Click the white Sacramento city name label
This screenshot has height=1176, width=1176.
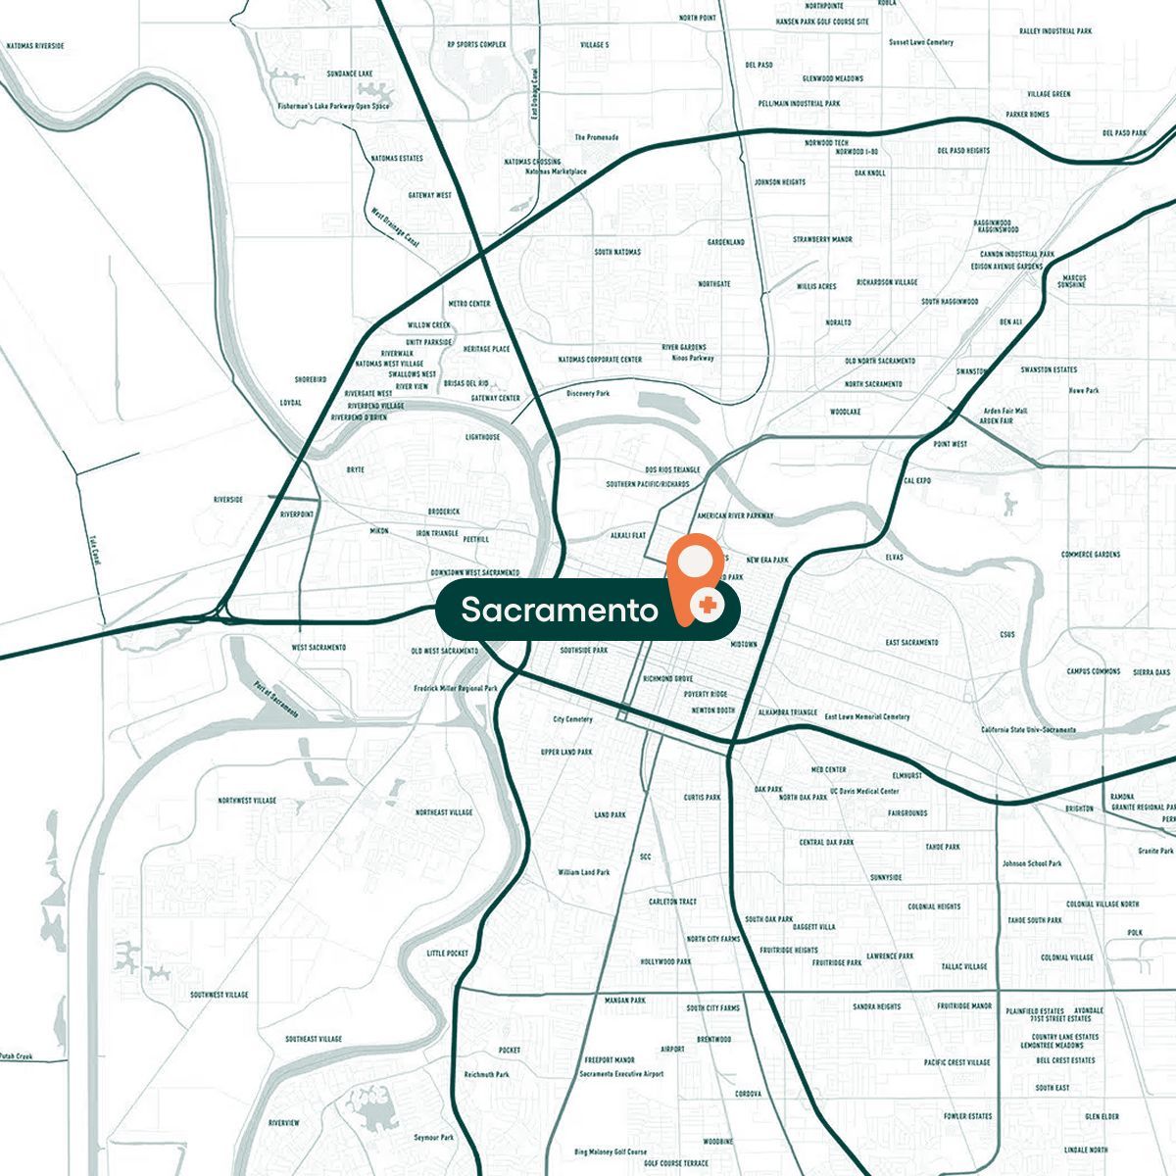[x=559, y=611]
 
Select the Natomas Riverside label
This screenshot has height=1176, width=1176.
[x=35, y=46]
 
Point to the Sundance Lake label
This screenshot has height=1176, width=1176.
[x=350, y=73]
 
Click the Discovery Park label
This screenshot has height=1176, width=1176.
[x=588, y=394]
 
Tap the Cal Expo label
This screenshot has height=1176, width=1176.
[x=916, y=481]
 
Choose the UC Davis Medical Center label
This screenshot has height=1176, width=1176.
[x=864, y=791]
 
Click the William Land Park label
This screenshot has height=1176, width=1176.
[x=583, y=872]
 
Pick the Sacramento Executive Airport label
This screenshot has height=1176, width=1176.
[x=621, y=1074]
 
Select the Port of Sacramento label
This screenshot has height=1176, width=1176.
[x=275, y=700]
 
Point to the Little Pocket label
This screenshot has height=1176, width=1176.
[x=448, y=954]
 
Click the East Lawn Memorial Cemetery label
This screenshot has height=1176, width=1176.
[x=867, y=716]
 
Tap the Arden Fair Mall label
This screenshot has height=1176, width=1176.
[x=1005, y=412]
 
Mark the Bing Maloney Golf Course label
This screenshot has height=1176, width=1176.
[x=611, y=1151]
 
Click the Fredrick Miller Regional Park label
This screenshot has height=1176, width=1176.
[x=456, y=688]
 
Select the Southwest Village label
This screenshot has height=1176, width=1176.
[x=220, y=995]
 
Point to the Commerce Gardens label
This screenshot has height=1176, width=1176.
[x=1090, y=555]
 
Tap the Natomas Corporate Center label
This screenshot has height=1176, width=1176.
[x=600, y=360]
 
